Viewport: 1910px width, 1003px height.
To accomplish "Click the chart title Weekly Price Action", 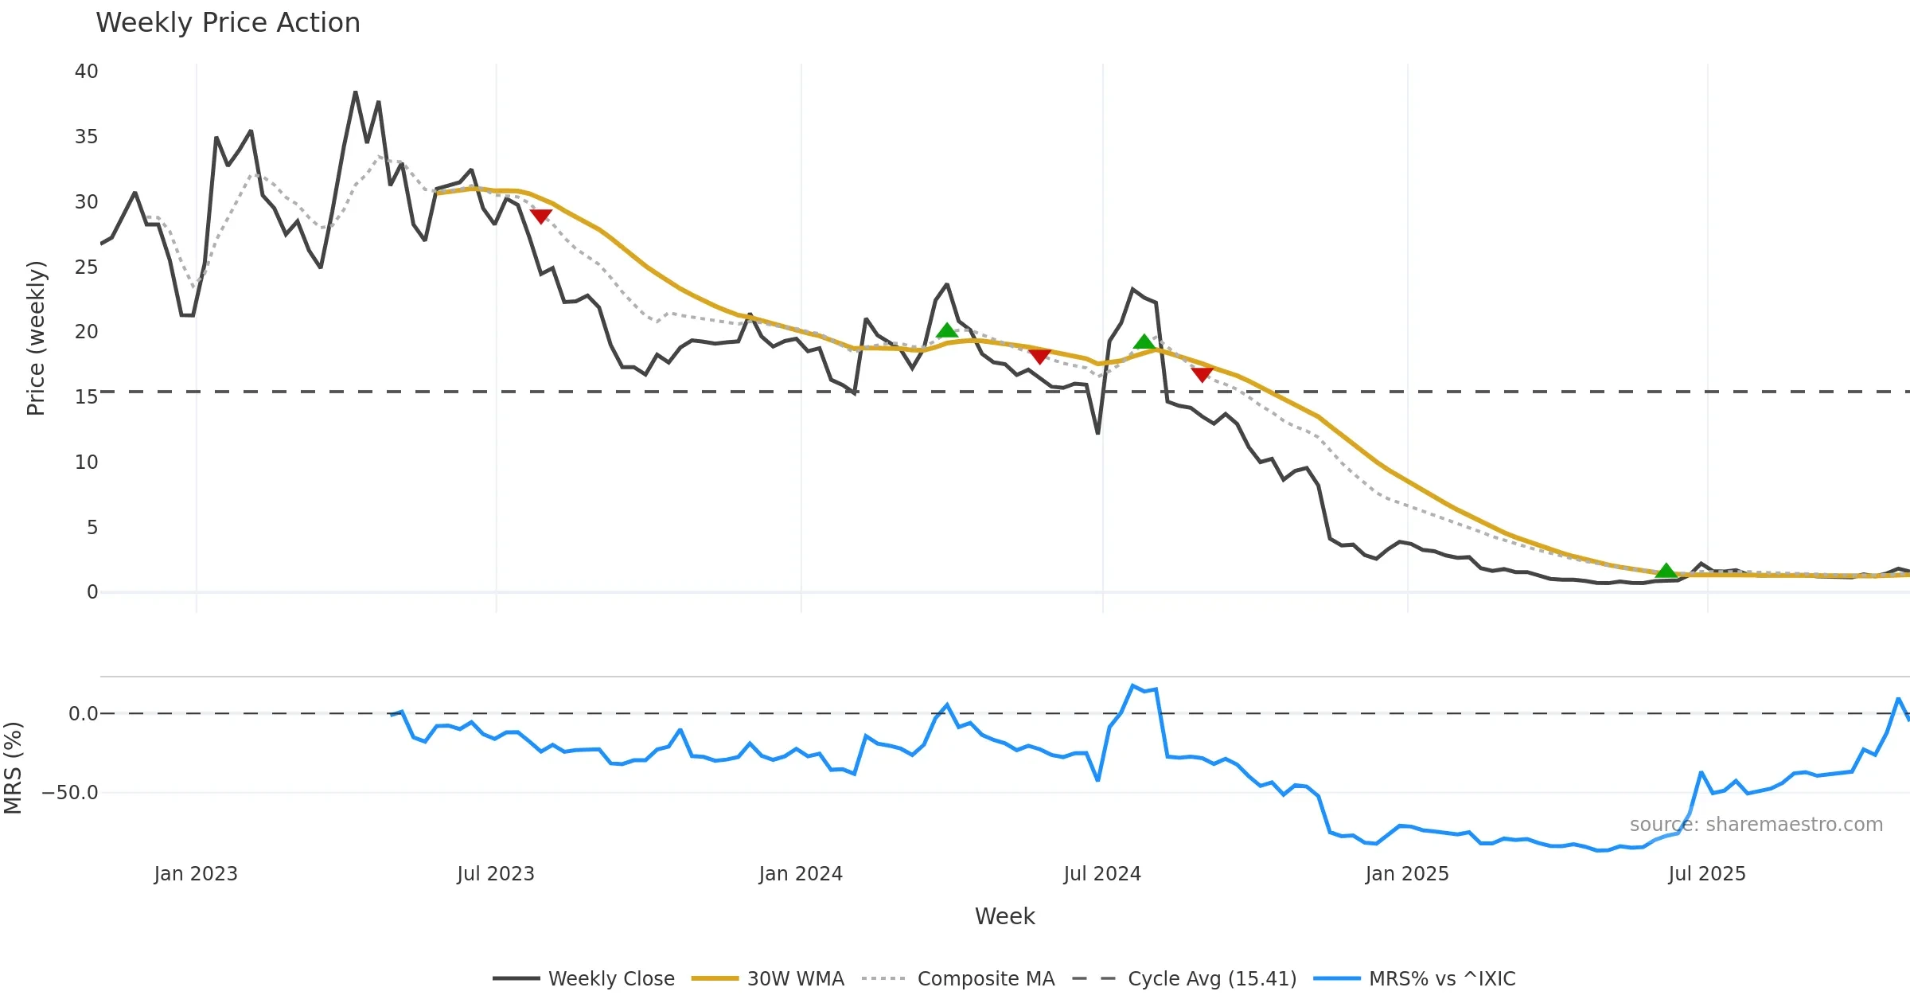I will click(x=228, y=23).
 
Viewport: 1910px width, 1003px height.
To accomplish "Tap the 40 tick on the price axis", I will click(x=86, y=72).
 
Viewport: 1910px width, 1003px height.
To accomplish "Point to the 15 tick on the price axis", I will click(x=86, y=396).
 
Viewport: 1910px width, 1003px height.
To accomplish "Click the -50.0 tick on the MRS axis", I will click(x=70, y=793).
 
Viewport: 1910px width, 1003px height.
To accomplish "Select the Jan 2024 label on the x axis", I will click(x=801, y=874).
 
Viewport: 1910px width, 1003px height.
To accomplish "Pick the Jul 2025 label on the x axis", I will click(x=1707, y=874).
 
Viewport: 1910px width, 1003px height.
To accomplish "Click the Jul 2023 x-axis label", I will click(x=496, y=874).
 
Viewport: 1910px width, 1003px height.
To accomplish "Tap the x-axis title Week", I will click(x=1004, y=917).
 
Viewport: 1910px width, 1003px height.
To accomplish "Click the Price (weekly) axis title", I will click(x=36, y=338).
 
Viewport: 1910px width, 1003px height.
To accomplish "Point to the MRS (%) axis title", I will click(x=13, y=768).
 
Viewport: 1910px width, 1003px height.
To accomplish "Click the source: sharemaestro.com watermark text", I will click(x=1756, y=825).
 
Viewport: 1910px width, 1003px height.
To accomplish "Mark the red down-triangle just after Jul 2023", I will click(x=540, y=216).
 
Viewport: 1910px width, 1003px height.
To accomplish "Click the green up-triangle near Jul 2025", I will click(x=1666, y=571).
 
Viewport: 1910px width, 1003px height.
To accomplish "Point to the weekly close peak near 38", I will click(x=356, y=92).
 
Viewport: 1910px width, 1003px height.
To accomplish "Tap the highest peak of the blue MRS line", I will click(x=1132, y=685).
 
